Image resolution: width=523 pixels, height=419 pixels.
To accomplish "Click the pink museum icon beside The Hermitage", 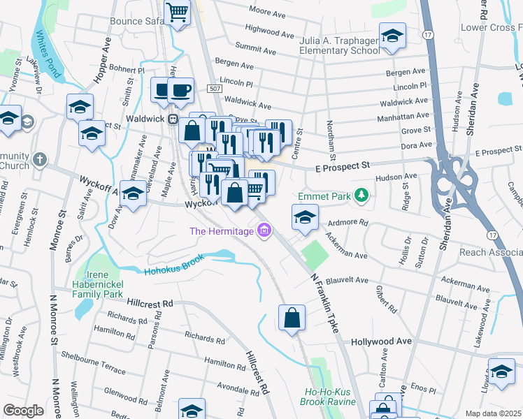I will click(x=264, y=230).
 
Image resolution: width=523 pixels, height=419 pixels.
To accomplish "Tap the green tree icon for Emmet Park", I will click(x=361, y=195).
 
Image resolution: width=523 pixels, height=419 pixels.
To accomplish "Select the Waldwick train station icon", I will click(x=172, y=119).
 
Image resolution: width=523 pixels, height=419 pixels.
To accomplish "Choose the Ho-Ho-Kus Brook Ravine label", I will click(x=329, y=397).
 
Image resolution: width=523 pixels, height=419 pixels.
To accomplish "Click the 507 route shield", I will click(x=215, y=89).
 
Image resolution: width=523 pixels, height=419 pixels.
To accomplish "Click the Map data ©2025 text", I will click(x=492, y=413).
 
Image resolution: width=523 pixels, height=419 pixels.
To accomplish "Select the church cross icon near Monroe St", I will click(x=39, y=159).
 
